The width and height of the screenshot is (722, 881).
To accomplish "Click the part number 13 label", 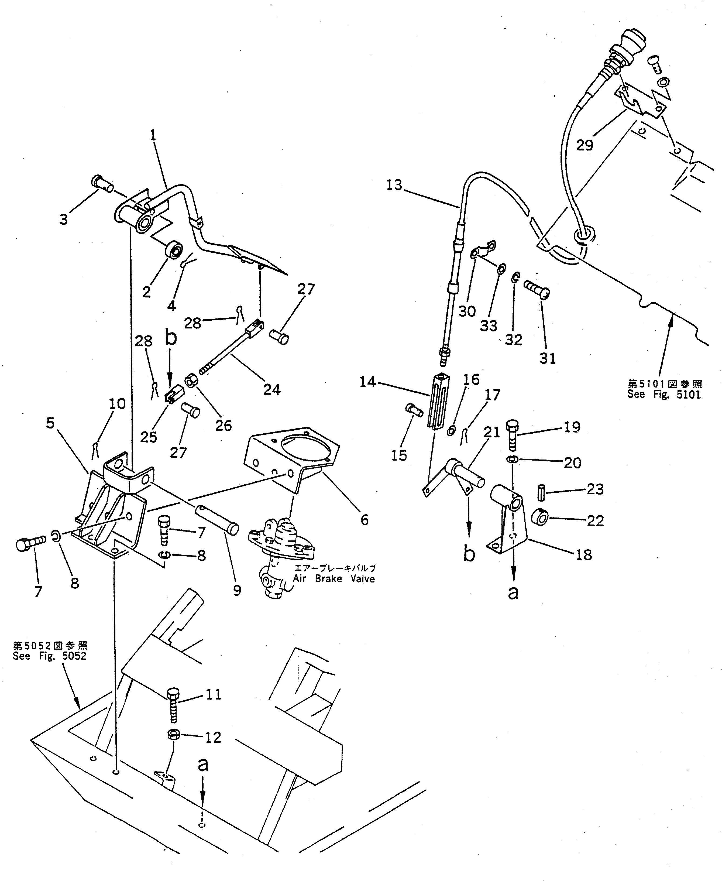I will (394, 185).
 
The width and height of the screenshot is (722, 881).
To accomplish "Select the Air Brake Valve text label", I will (334, 579).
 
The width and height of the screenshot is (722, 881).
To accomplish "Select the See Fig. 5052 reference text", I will (50, 668).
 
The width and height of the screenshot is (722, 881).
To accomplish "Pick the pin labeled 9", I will (216, 517).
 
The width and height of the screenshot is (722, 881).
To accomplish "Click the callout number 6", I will (364, 520).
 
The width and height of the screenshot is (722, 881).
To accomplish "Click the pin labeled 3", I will (101, 184).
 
